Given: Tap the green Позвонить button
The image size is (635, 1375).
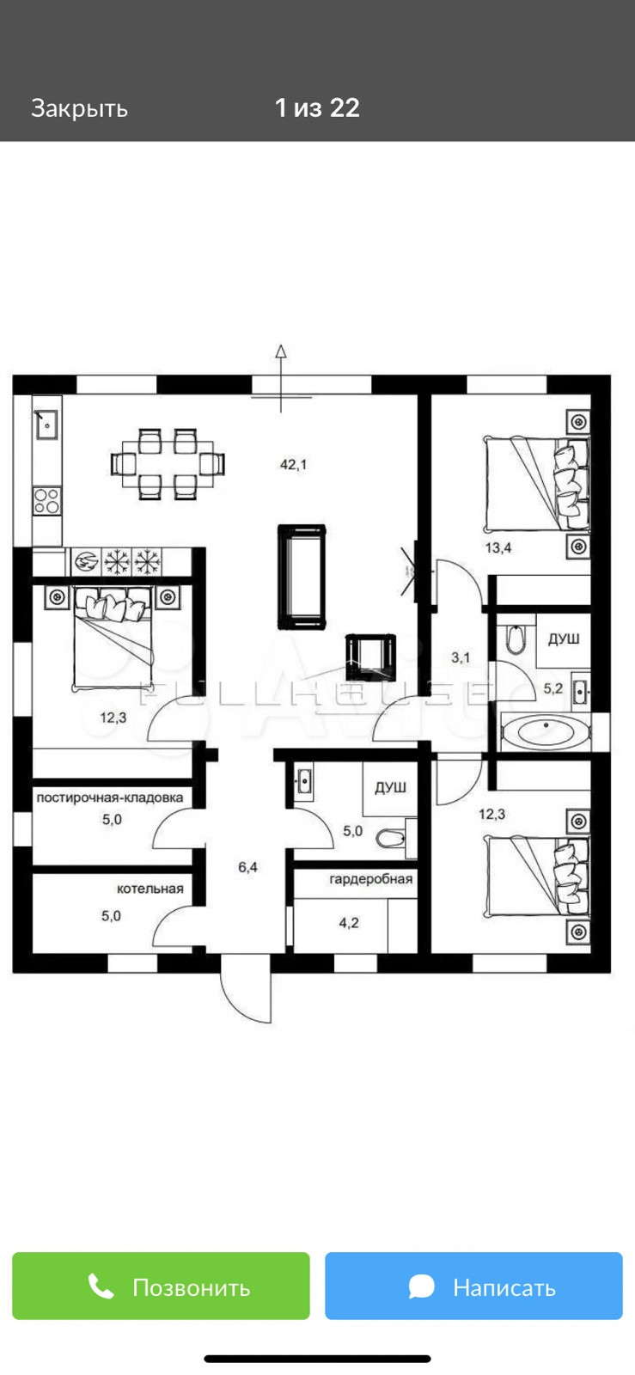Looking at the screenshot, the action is [161, 1286].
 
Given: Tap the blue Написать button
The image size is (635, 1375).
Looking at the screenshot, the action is [473, 1286].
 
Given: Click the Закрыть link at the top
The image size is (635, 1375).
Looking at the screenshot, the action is [79, 108].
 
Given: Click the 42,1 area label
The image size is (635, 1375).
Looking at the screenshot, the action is [293, 465].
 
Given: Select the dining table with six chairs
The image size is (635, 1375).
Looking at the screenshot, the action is [168, 464].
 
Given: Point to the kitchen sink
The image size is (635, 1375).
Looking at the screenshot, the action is [46, 423].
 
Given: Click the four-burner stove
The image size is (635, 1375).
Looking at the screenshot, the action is [47, 500].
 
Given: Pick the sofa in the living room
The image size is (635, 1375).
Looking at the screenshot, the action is [302, 577].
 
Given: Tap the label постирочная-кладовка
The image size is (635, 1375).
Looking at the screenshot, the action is [110, 797].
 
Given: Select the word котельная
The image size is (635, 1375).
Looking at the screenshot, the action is [150, 889].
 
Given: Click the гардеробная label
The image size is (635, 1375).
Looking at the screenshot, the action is [370, 879].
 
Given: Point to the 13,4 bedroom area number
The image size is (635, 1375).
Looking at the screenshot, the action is [498, 547].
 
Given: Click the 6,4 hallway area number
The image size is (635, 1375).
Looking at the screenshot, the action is [247, 867].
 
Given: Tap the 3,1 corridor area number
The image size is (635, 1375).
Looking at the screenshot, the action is [461, 658].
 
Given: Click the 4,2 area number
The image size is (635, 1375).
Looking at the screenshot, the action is [349, 923].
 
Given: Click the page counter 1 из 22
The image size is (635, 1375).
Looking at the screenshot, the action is [317, 108].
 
